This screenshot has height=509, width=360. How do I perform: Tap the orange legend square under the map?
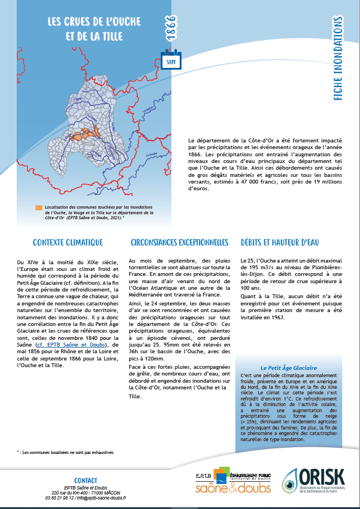(x=39, y=207)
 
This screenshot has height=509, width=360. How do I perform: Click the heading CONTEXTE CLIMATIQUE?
(x=68, y=243)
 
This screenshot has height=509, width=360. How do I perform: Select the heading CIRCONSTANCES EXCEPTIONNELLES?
(x=179, y=243)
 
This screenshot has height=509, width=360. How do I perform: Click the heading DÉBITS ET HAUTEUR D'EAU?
(x=280, y=243)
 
